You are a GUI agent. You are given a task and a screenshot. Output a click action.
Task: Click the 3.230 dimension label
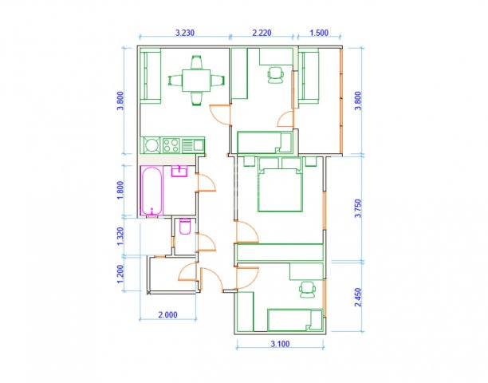(185, 33)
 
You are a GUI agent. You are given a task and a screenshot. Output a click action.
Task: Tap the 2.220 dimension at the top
(262, 33)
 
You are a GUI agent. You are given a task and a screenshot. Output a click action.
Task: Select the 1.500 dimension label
(319, 33)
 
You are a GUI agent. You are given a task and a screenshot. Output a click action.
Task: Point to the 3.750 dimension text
(359, 208)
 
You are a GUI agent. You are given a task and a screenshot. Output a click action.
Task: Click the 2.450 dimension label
(359, 298)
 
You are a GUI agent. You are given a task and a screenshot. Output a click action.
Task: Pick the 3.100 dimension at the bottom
(280, 344)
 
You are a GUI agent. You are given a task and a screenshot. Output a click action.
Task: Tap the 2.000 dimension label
(167, 315)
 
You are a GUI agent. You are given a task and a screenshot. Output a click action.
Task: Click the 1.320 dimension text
(120, 236)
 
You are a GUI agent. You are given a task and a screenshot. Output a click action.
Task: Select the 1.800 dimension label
(120, 191)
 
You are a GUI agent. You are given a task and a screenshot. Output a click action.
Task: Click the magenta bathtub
(152, 191)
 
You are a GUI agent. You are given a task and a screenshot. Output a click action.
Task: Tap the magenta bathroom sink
(179, 172)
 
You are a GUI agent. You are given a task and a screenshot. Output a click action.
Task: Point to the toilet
(185, 227)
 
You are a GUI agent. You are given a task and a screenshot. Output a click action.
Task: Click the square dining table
(196, 81)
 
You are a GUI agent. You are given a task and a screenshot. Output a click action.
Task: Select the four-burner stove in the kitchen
(171, 145)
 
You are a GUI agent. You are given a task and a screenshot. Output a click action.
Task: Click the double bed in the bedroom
(280, 188)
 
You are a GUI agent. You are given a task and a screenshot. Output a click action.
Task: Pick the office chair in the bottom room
(307, 290)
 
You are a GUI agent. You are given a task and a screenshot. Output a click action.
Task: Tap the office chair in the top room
(276, 75)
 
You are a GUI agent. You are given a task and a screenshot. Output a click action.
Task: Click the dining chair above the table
(196, 62)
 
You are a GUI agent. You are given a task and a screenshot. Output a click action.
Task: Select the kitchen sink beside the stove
(193, 145)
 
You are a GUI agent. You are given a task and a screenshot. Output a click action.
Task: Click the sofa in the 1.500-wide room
(309, 77)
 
